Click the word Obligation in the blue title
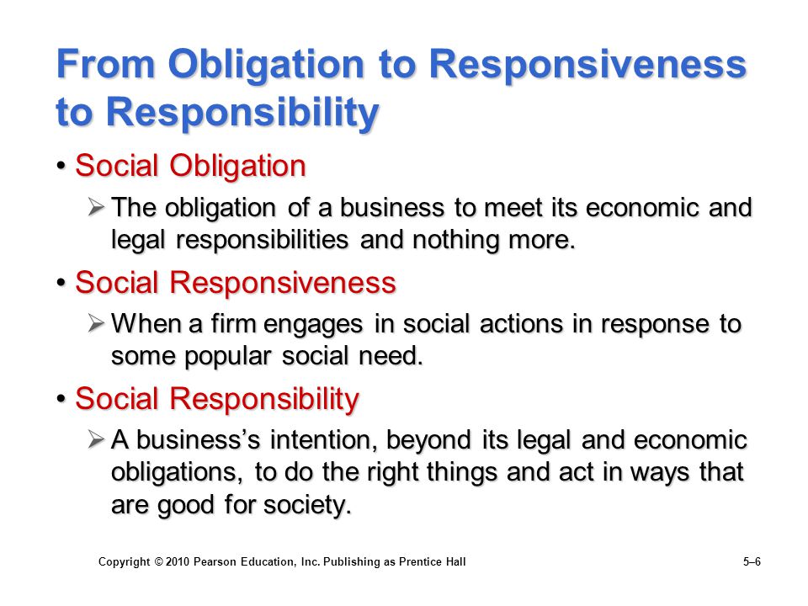267,66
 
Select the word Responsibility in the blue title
242,112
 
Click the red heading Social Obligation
191,166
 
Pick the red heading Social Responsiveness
236,283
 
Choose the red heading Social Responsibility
217,399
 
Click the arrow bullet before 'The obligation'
96,207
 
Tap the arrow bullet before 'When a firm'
96,323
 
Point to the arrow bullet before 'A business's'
96,439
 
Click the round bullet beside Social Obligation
61,167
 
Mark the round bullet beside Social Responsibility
61,399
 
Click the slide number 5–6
752,561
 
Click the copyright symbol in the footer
158,561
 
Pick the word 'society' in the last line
308,505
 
